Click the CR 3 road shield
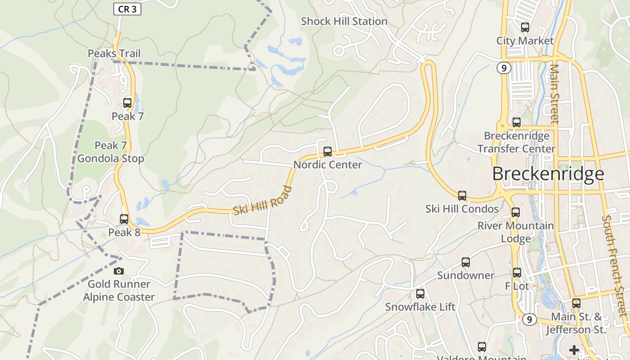(x=127, y=9)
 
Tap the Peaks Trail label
(x=114, y=54)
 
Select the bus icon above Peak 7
(x=127, y=103)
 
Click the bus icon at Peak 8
(x=124, y=219)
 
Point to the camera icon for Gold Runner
(x=119, y=271)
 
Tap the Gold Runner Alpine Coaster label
(x=119, y=291)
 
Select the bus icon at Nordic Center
(x=328, y=152)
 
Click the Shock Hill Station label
(x=344, y=21)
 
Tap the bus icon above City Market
(x=525, y=27)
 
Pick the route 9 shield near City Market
(x=504, y=68)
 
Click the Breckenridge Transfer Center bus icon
(x=517, y=122)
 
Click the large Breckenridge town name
(x=548, y=174)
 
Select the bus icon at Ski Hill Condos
(x=462, y=196)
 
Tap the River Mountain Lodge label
(x=516, y=232)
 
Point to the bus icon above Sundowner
(x=466, y=262)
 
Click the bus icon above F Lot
(x=517, y=272)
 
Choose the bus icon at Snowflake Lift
(x=420, y=294)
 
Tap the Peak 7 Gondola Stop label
(x=111, y=152)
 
